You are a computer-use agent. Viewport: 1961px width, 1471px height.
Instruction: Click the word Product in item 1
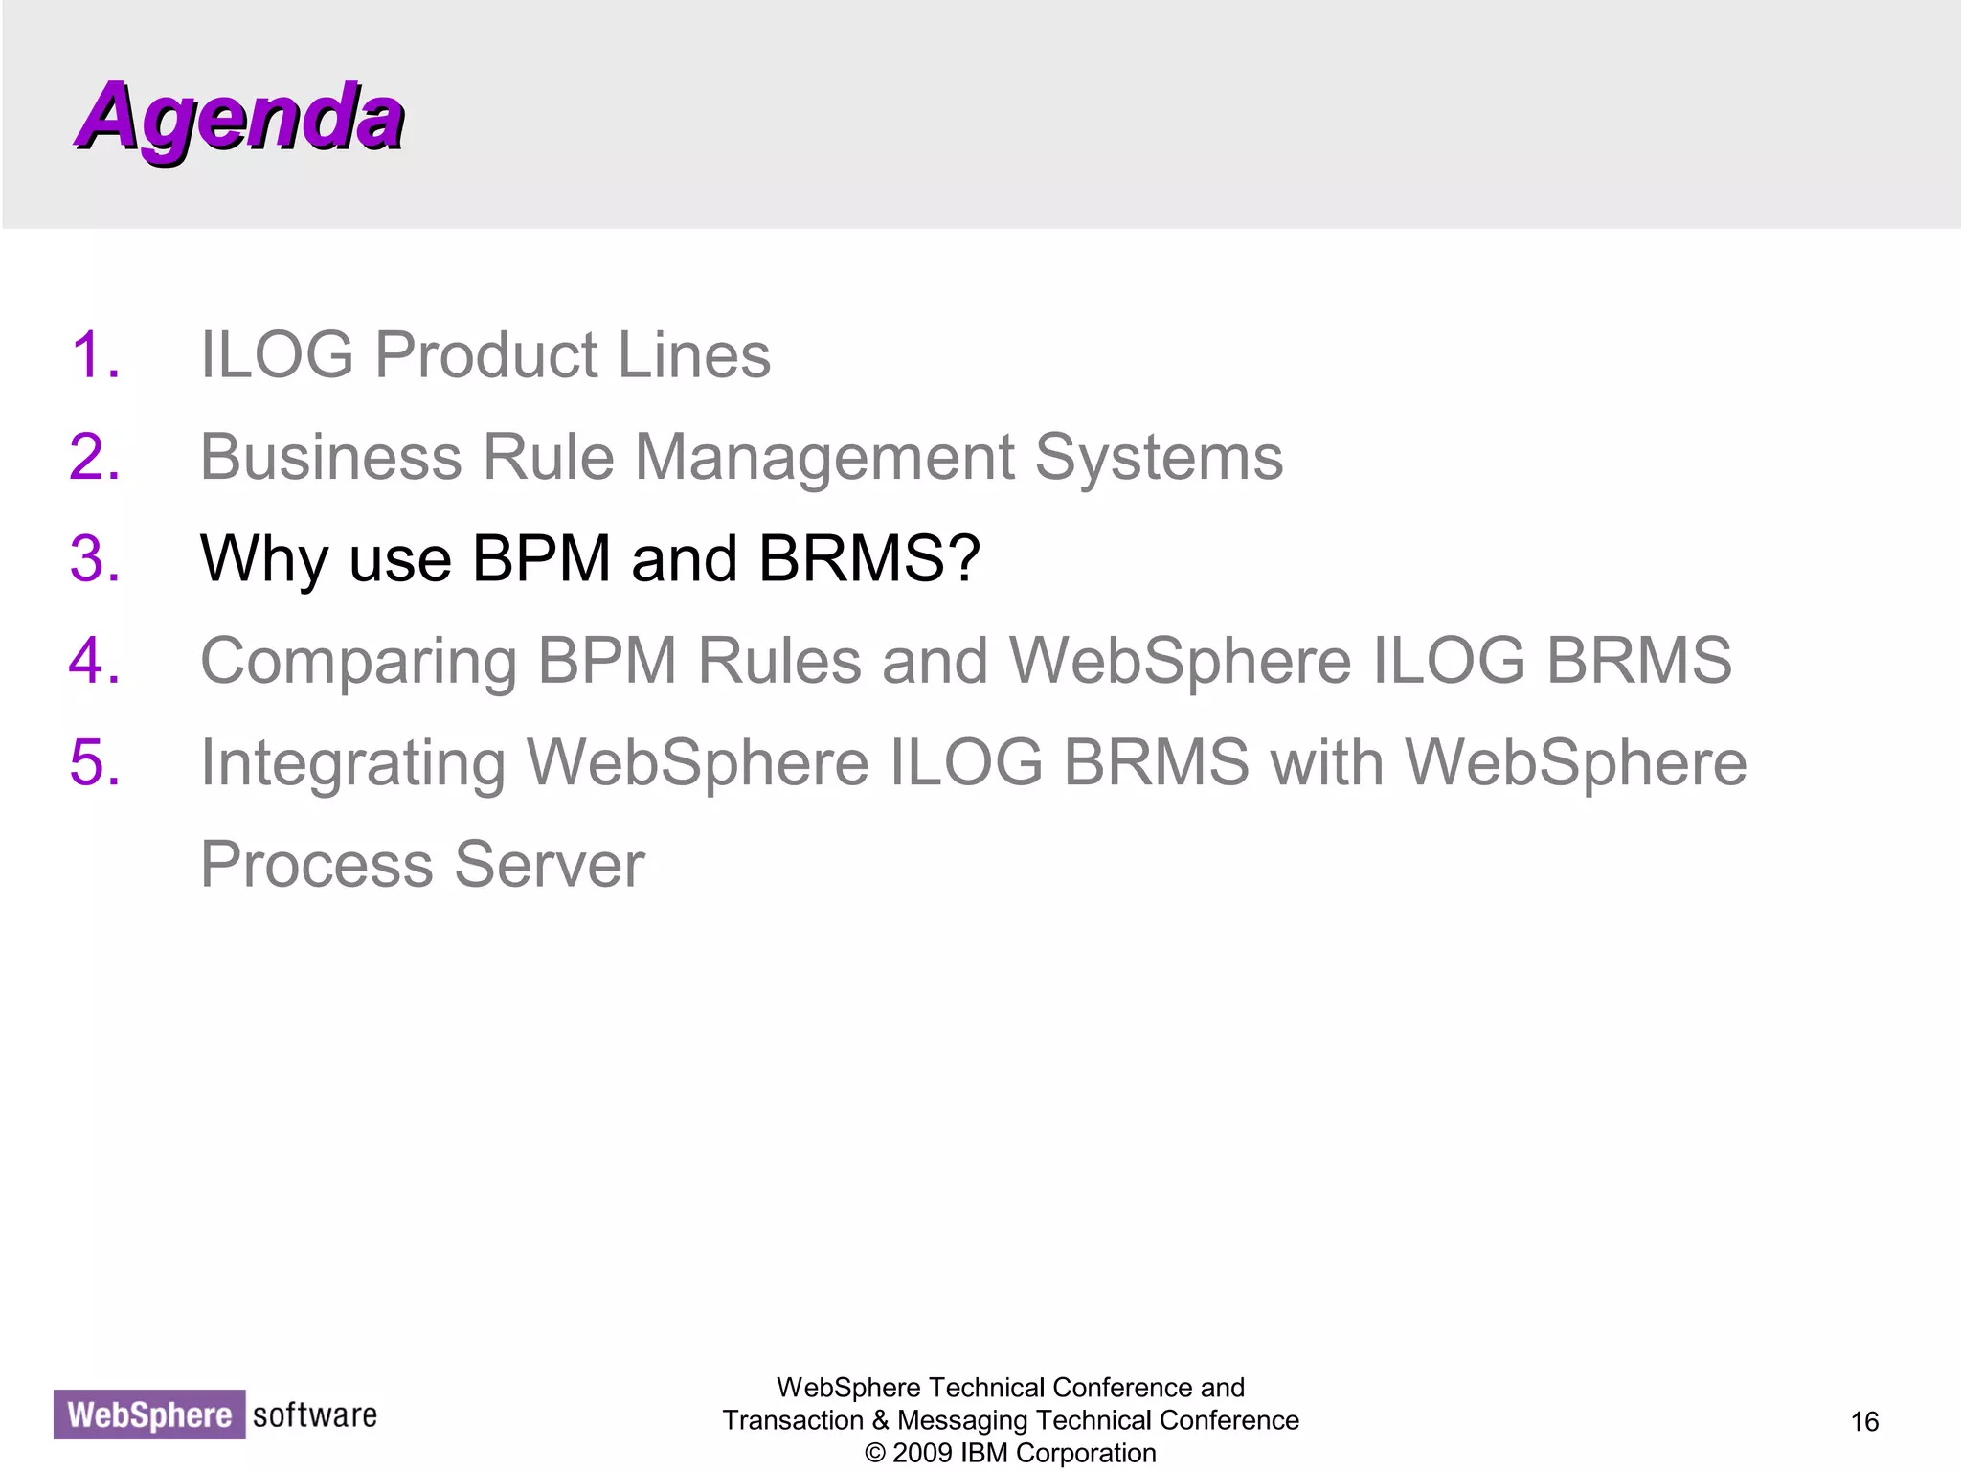coord(485,354)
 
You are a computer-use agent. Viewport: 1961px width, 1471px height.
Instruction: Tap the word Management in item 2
coord(823,457)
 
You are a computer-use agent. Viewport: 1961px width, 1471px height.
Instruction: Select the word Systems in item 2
coord(1159,457)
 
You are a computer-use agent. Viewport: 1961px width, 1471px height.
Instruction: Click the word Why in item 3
coord(263,558)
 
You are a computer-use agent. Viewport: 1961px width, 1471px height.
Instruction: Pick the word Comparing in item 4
coord(358,661)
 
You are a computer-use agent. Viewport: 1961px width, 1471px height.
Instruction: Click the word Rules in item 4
coord(779,661)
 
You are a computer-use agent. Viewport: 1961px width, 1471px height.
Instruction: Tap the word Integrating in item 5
coord(352,763)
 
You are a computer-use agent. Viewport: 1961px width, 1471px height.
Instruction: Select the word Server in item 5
coord(550,865)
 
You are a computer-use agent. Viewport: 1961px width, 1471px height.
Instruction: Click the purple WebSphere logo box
coord(149,1414)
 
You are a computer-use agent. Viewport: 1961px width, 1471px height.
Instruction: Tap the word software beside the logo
coord(315,1414)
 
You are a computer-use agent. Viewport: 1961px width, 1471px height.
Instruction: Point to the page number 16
coord(1864,1421)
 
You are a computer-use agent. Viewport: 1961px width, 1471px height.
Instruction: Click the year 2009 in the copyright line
coord(922,1453)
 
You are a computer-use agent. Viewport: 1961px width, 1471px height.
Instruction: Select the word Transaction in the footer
coord(793,1420)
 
